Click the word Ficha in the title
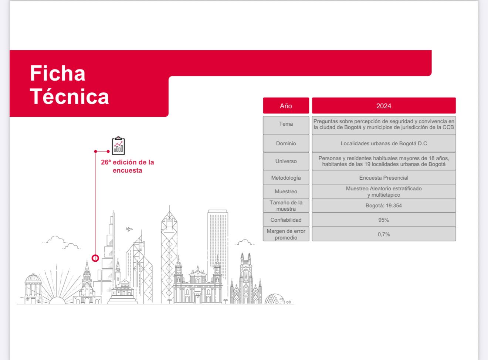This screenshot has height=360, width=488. [57, 73]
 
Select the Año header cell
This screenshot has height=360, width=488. [286, 106]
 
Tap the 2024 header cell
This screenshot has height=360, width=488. [384, 106]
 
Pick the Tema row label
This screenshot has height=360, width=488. [286, 124]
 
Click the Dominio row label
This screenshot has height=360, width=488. [286, 143]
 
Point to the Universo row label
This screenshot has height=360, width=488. [286, 161]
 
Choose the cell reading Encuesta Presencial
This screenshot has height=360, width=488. [384, 177]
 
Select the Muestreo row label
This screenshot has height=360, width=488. [286, 191]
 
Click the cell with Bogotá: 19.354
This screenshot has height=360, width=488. [384, 205]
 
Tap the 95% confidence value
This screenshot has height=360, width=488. [384, 220]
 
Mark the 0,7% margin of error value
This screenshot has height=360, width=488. [384, 234]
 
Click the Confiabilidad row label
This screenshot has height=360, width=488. [286, 220]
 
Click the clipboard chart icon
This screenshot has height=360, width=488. [118, 146]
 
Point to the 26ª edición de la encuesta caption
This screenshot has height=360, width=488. [128, 166]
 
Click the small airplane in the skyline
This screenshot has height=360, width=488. [129, 229]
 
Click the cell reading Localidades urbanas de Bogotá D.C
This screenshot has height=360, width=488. [384, 143]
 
